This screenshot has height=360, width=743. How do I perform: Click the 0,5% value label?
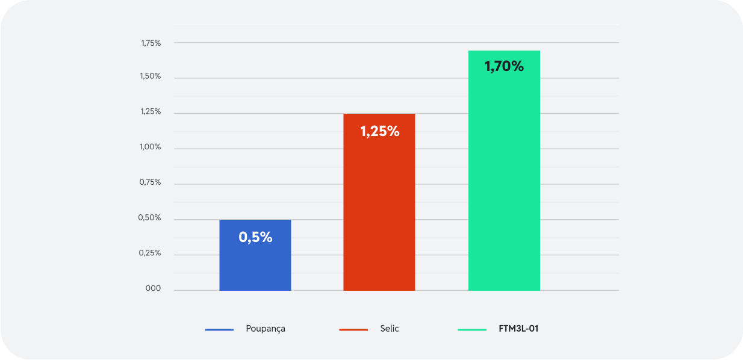(255, 237)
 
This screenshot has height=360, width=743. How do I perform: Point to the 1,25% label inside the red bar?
(380, 131)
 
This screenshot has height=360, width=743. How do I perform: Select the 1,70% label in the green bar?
(504, 66)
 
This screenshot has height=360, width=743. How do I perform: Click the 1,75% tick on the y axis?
(151, 43)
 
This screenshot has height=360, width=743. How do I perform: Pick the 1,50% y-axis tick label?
(151, 76)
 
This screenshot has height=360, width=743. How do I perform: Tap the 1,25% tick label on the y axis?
(151, 112)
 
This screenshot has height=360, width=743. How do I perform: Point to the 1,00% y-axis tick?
(151, 147)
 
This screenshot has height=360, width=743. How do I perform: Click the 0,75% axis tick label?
(151, 182)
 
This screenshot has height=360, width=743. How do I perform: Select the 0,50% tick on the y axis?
(151, 218)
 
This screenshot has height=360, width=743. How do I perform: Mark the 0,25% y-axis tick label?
(151, 253)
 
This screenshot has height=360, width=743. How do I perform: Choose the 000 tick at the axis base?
(153, 289)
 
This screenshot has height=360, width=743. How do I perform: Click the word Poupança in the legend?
(266, 329)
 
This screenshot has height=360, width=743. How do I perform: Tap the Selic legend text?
(390, 329)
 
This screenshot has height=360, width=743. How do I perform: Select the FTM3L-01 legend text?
(518, 329)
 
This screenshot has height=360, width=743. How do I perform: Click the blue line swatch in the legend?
(219, 329)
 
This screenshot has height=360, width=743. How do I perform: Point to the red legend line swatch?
(353, 329)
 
